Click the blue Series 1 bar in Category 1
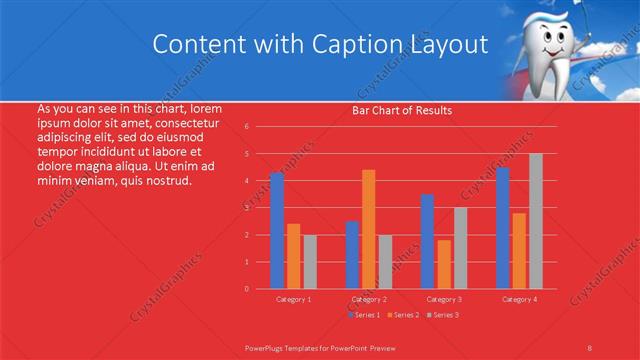[x=277, y=231]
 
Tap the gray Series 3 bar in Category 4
[x=536, y=221]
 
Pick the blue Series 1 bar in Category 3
[x=427, y=241]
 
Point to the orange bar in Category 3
[x=444, y=264]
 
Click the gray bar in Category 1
[x=310, y=261]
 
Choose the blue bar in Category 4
[x=503, y=228]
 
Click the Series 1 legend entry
[x=363, y=315]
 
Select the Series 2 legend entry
[x=403, y=315]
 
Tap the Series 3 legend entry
[x=443, y=315]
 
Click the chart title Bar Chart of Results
[x=402, y=110]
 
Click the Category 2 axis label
[x=368, y=299]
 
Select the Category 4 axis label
[x=519, y=299]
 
